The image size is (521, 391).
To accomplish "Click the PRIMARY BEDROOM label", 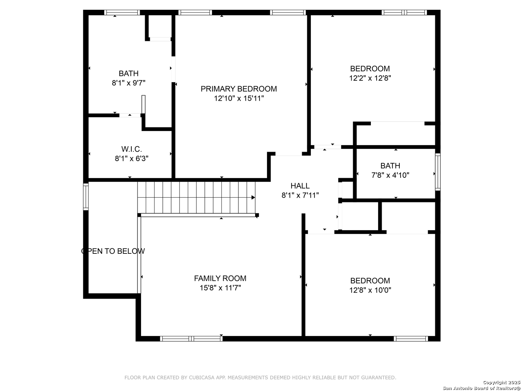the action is coord(238,89).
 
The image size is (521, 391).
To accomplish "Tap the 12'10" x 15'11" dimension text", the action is coord(239,98).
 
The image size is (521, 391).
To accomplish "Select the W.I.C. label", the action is coord(131,149).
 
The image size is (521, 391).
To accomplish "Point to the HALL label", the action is coord(300,186).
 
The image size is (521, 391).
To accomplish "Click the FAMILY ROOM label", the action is coord(220,278).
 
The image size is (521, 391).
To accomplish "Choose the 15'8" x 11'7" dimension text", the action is coord(220,288).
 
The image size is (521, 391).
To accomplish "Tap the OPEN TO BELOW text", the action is coord(113,251).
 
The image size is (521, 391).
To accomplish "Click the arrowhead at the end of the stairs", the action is coord(253,197).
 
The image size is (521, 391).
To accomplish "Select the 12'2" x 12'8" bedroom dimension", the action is coord(370,78).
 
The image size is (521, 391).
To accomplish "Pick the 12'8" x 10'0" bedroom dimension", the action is coord(370,290).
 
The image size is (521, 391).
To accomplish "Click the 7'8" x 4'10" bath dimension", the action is coord(390,175).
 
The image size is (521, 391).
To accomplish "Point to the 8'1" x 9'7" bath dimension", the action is coord(128,83).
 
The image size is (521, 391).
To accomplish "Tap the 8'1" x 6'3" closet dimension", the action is coord(131,158).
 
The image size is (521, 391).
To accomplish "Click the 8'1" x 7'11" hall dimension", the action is coord(300,195).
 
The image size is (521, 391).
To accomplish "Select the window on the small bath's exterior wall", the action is coord(437,172).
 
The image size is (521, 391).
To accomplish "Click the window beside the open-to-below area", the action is coord(86,197).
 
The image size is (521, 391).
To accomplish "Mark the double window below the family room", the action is coord(191,339).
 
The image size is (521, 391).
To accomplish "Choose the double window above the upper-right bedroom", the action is coord(404,12).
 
